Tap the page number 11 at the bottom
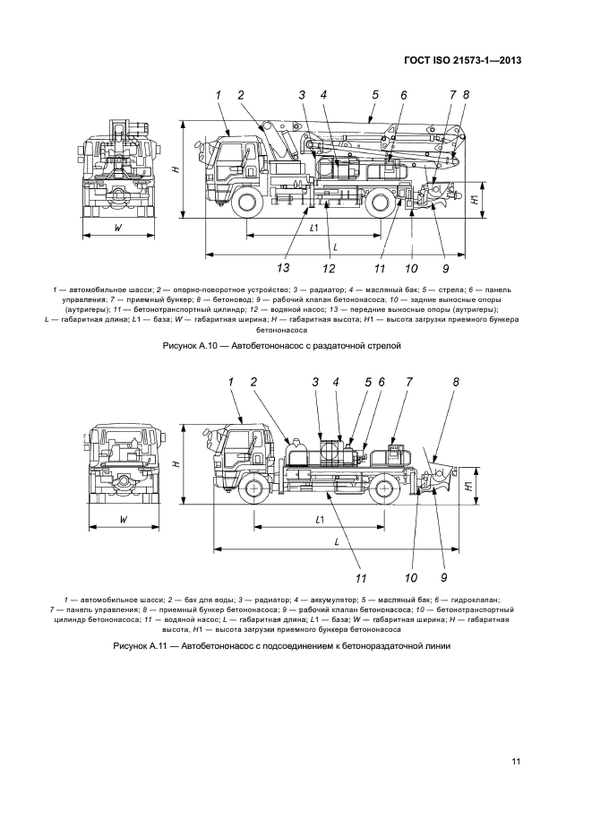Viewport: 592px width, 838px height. [x=516, y=762]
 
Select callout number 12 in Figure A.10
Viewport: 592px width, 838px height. [x=329, y=267]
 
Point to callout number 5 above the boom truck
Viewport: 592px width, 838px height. [x=375, y=94]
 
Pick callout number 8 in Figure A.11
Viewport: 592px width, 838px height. [x=456, y=382]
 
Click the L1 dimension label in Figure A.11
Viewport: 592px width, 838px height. [x=319, y=519]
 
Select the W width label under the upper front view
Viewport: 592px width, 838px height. [x=118, y=227]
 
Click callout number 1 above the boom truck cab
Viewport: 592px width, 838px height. [x=219, y=94]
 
